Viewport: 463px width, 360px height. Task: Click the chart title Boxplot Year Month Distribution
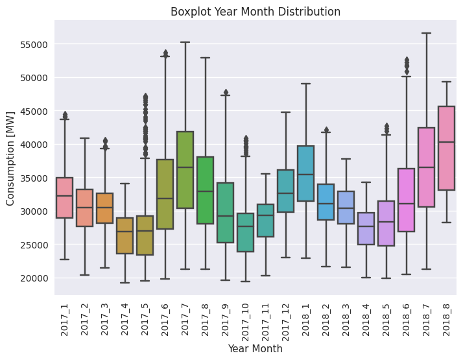coord(255,11)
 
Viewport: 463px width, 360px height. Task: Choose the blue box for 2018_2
coord(326,202)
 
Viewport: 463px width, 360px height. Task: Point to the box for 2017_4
coord(125,235)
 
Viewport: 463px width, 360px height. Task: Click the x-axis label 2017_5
coord(145,318)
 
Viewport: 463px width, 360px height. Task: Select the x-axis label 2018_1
coord(306,318)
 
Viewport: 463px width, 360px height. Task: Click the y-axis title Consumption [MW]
coord(11,158)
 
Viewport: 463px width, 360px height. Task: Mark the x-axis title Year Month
coord(255,349)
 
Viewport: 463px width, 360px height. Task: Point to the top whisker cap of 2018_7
coord(426,33)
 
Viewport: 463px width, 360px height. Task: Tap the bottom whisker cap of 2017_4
coord(125,283)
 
